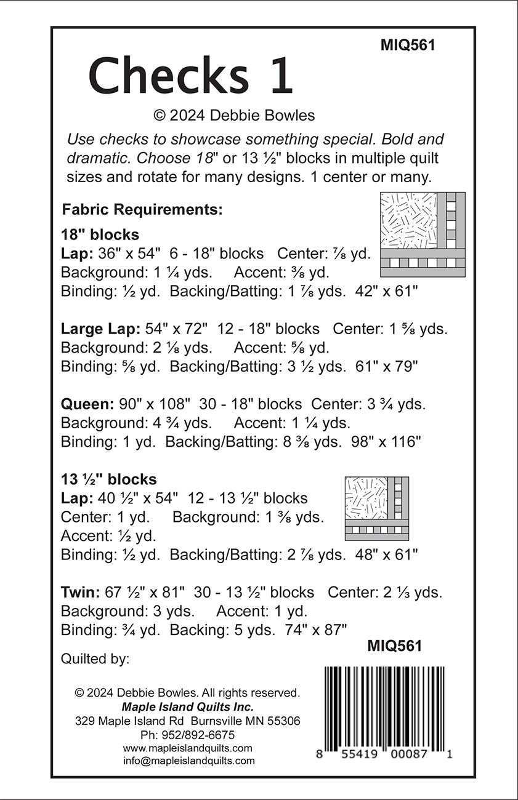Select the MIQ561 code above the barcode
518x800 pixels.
pos(394,646)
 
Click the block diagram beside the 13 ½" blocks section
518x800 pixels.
pos(377,508)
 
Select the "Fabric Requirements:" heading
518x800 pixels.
pos(142,210)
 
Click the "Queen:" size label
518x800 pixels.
pos(87,404)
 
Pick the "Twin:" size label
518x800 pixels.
pos(81,593)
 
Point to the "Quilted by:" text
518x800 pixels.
pos(95,659)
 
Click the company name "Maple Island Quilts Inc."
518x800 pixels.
pos(187,706)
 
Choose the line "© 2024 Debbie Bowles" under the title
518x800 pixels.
pos(234,115)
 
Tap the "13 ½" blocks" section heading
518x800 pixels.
pos(109,479)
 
